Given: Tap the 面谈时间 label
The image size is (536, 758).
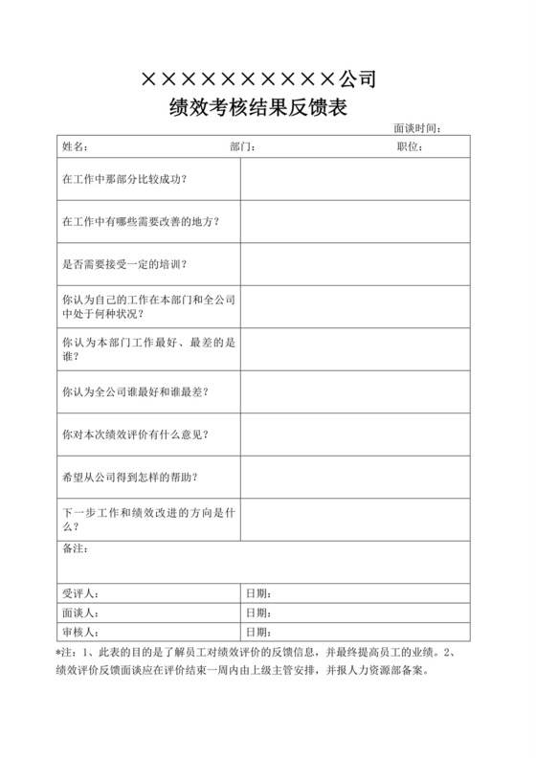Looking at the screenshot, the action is (x=416, y=128).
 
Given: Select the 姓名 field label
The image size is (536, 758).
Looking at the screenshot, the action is (x=76, y=146).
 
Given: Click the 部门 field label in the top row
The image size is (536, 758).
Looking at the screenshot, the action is (x=241, y=146).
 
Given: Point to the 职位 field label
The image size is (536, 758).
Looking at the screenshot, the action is (x=410, y=146).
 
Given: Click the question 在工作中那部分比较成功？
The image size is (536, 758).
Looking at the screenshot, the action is (x=123, y=179).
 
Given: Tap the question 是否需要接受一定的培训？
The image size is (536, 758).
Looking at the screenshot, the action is (x=123, y=264).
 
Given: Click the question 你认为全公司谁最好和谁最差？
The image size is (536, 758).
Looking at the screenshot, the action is (x=135, y=391).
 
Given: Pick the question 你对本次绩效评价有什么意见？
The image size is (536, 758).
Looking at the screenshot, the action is (x=135, y=435).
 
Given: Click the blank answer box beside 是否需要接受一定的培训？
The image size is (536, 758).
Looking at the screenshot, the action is (x=354, y=264).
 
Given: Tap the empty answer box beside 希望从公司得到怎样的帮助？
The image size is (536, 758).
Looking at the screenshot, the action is (x=354, y=477).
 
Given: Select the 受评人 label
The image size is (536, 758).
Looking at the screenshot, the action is (x=78, y=593).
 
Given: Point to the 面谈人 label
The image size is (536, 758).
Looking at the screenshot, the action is (x=78, y=613).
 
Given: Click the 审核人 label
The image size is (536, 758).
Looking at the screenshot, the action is (x=78, y=632).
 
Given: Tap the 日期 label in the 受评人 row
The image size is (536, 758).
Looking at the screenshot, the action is (x=259, y=593).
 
